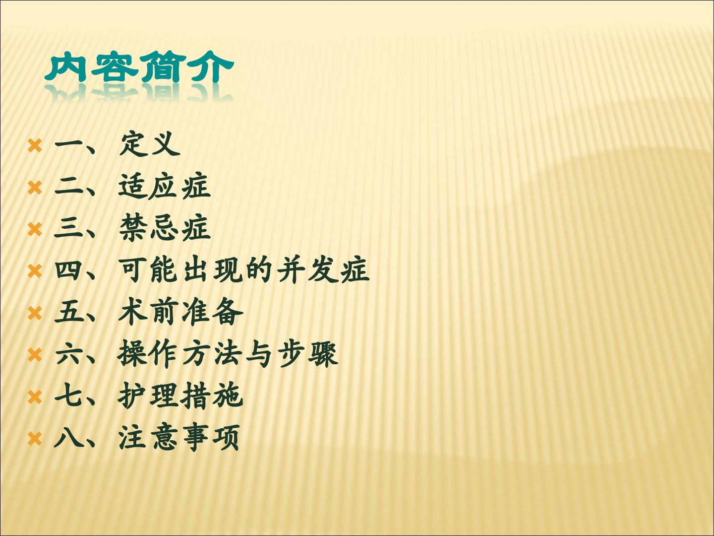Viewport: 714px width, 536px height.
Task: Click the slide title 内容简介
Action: click(139, 67)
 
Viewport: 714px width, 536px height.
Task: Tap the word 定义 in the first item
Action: click(150, 144)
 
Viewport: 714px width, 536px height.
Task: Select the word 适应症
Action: click(165, 186)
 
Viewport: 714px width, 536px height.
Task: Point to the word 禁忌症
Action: click(165, 228)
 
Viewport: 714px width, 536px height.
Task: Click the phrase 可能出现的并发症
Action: click(243, 270)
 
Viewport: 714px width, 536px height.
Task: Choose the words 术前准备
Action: click(180, 312)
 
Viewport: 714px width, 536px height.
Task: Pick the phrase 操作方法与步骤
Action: click(228, 354)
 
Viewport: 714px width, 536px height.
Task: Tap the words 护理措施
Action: click(180, 396)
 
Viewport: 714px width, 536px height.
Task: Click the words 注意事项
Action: click(179, 438)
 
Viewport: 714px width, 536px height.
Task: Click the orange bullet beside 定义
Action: click(35, 145)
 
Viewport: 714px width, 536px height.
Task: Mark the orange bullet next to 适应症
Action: click(35, 188)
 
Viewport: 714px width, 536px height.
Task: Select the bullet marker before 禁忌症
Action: click(35, 229)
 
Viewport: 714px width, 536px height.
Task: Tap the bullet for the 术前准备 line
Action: click(35, 313)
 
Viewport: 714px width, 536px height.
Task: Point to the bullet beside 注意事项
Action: click(35, 439)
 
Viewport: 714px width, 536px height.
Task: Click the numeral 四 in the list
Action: click(67, 270)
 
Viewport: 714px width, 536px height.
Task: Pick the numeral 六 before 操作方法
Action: click(67, 354)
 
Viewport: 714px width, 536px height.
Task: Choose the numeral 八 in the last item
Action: click(67, 438)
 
